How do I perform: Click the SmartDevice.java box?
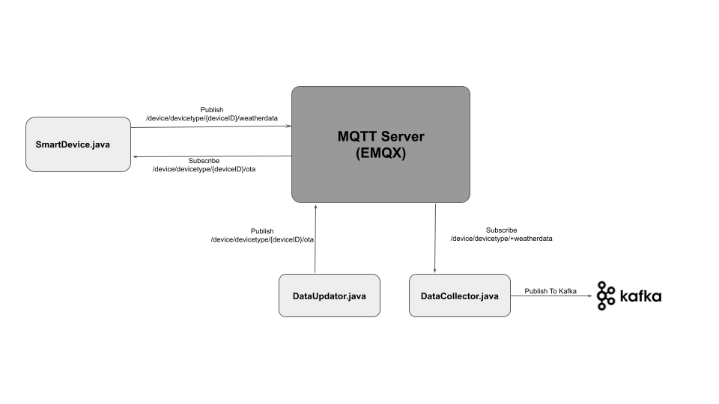78,144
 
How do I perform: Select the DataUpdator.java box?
329,296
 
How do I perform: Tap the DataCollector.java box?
459,296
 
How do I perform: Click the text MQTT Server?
380,136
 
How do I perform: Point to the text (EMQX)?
380,154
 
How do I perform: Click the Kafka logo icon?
606,296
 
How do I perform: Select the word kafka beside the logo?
640,296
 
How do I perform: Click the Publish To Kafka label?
550,291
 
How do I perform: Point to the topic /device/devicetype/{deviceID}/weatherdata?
211,118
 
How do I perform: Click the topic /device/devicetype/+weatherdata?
502,239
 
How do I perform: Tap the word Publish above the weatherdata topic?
211,109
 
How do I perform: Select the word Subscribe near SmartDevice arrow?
204,161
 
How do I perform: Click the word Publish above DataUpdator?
262,231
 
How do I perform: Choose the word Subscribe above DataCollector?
501,230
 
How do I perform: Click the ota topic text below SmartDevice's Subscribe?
204,170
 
